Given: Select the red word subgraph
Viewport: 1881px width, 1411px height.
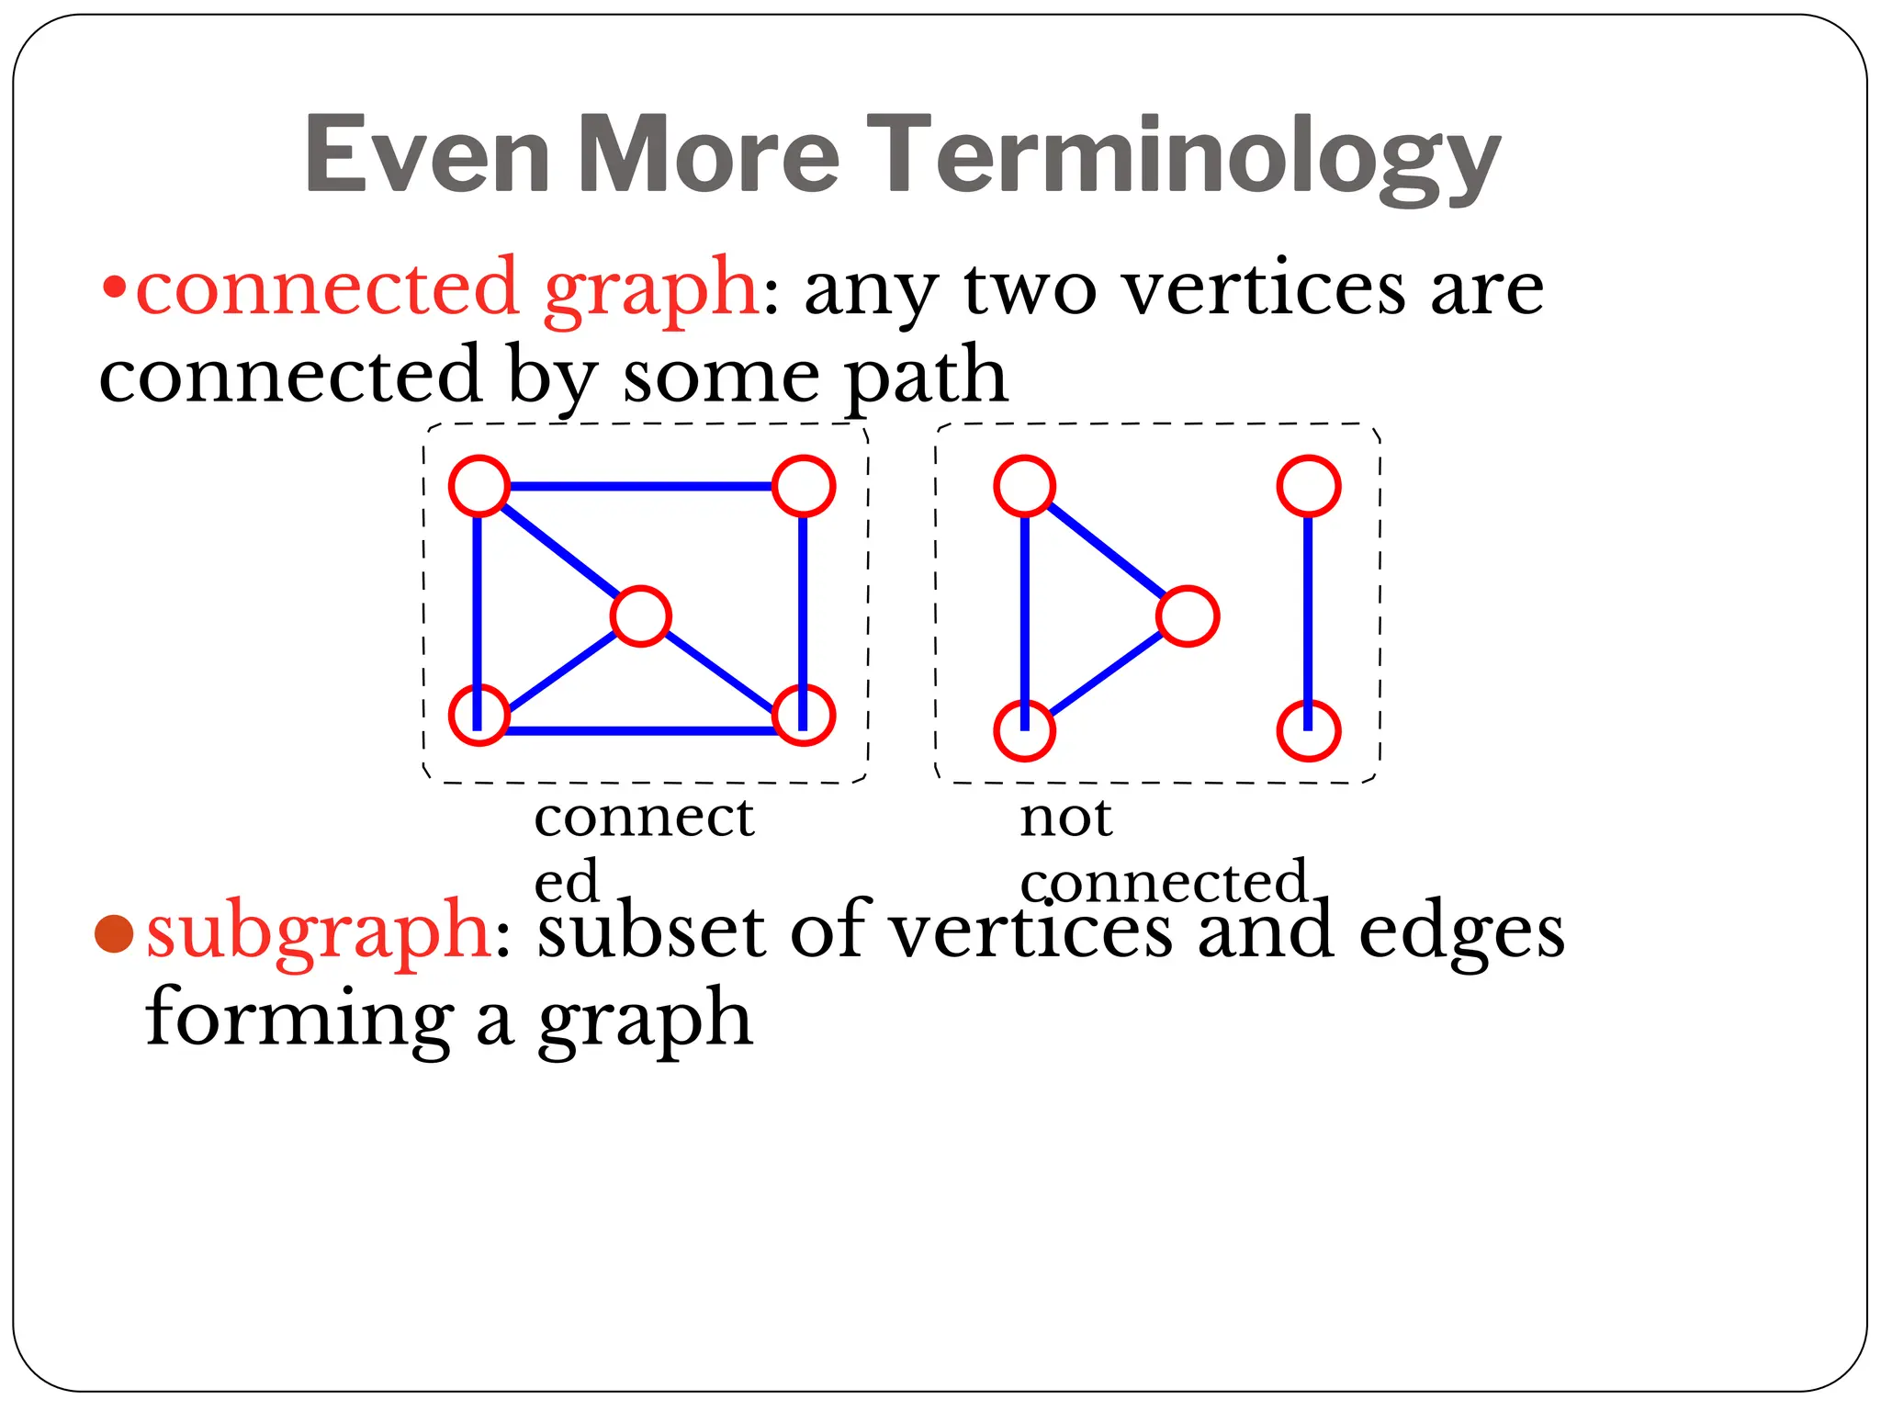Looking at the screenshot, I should click(x=318, y=931).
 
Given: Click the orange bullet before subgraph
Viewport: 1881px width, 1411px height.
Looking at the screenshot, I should click(x=115, y=934).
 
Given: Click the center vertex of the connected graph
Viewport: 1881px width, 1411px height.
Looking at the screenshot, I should click(x=640, y=616).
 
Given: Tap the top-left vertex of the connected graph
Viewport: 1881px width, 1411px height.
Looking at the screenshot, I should click(x=479, y=485).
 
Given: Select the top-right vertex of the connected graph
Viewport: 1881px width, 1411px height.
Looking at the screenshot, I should click(x=804, y=485).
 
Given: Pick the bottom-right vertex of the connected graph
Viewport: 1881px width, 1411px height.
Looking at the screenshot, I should click(x=804, y=715).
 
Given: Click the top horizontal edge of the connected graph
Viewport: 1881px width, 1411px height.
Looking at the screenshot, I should click(x=640, y=485).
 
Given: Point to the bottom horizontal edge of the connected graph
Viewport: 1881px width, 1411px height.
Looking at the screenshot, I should click(x=640, y=731).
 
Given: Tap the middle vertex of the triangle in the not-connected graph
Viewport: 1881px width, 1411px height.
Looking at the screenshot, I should click(x=1188, y=616).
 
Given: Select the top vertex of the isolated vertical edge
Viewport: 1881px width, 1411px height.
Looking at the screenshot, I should click(x=1309, y=485).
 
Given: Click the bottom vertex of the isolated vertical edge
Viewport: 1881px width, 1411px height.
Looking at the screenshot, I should click(x=1309, y=731).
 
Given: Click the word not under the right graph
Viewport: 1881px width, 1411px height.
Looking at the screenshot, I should click(x=1065, y=818).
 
